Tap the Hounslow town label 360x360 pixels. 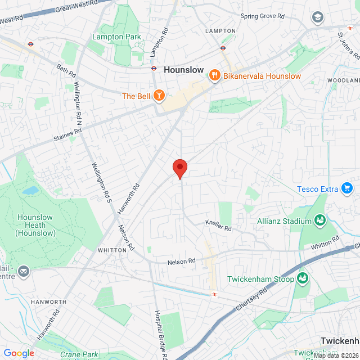coord(186,70)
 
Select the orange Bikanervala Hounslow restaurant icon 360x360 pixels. coord(214,75)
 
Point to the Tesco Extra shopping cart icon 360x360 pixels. coord(346,188)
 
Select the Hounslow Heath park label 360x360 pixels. coord(36,225)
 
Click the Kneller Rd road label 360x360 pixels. coord(218,227)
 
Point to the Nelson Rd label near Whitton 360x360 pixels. coord(181,262)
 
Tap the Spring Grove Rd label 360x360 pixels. coord(262,16)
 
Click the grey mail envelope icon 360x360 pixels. coord(24,272)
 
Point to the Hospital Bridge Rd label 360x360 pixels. coord(159,335)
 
